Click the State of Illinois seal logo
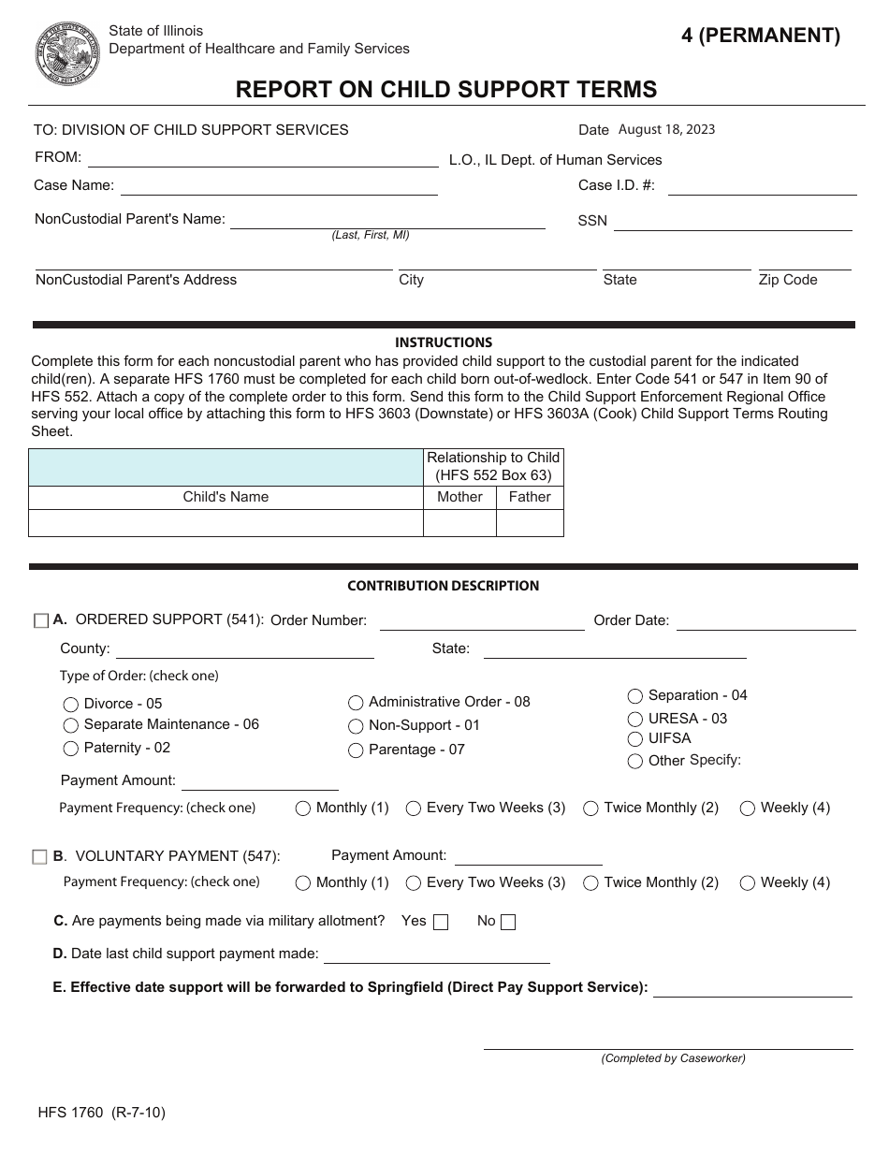67,52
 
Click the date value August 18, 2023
666,130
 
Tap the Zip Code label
787,280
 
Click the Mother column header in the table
459,497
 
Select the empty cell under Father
530,523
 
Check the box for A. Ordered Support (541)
40,620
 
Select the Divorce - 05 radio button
70,704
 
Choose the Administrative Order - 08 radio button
356,703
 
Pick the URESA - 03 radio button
635,719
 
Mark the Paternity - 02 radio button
70,749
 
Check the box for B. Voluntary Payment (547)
39,856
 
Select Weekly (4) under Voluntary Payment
747,882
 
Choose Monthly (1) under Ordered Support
303,809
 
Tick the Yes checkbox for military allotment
441,922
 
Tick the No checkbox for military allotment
508,922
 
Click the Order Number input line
482,621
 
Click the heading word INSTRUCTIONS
444,342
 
